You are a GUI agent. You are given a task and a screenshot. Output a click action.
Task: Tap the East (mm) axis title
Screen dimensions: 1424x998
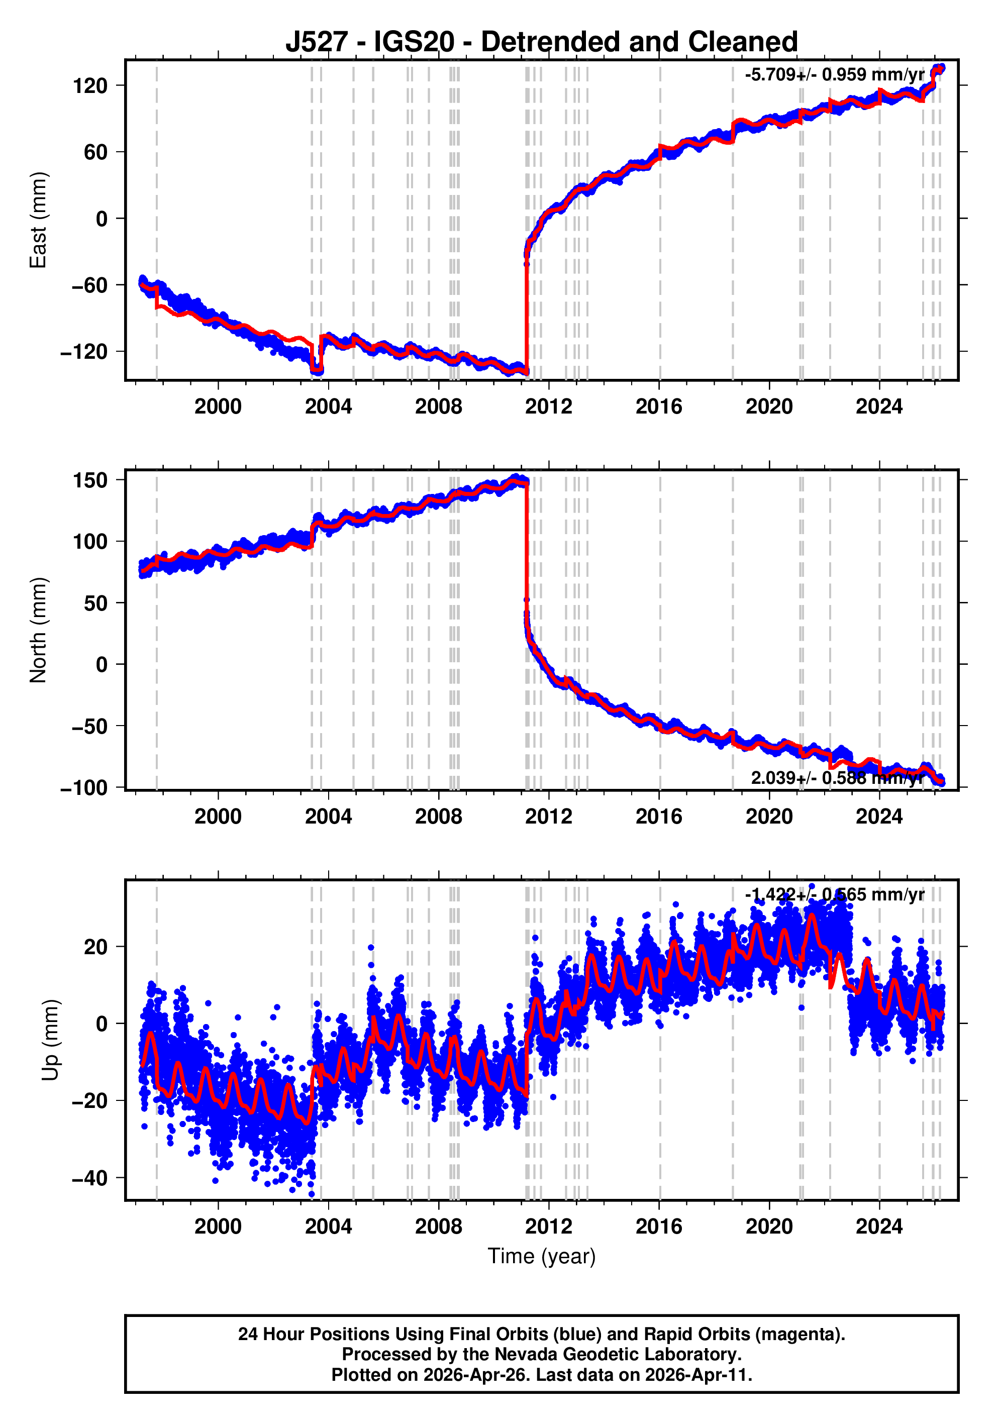click(x=39, y=220)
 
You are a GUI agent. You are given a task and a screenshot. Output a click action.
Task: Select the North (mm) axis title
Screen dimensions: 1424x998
click(x=39, y=630)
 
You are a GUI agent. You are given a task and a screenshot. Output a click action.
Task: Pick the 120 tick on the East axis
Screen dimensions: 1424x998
click(x=90, y=85)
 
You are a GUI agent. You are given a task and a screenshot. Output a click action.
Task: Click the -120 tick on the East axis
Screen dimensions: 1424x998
click(x=84, y=352)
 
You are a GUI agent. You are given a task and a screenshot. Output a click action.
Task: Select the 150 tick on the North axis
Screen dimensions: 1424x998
click(x=90, y=480)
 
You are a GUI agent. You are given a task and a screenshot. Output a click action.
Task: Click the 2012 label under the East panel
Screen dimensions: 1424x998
click(x=548, y=407)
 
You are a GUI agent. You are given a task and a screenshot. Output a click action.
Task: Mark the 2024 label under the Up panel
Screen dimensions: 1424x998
click(x=879, y=1227)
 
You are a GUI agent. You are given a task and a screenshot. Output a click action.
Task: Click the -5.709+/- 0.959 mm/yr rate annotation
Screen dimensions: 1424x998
click(x=834, y=75)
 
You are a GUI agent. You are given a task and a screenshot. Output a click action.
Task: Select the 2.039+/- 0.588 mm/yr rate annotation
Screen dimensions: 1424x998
click(x=837, y=778)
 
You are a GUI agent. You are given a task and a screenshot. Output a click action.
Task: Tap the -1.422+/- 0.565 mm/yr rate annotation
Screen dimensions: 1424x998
click(x=834, y=894)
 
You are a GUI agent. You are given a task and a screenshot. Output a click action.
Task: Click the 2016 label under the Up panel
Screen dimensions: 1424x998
click(x=659, y=1227)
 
